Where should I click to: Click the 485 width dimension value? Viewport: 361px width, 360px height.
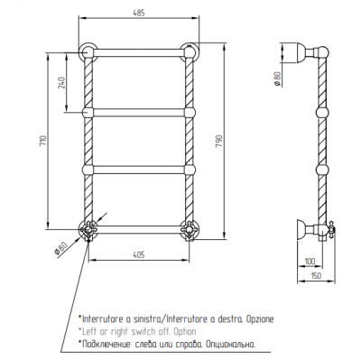pos(138,13)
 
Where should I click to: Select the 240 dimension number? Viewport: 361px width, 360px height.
pos(61,82)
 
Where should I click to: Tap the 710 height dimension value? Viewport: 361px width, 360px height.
pos(43,141)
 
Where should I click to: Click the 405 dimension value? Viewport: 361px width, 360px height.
pos(139,254)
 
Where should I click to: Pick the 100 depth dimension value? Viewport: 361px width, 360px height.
pos(310,261)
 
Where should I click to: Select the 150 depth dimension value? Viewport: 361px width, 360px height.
pos(316,275)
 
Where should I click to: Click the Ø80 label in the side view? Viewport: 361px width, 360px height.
pos(277,79)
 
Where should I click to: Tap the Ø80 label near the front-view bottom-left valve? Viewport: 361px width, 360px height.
pos(60,249)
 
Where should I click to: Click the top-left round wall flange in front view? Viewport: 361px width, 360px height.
pos(88,51)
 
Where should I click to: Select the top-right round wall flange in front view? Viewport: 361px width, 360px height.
pos(190,51)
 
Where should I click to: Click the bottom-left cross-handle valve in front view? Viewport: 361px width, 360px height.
pos(88,230)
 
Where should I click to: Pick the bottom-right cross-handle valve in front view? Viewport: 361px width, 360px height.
pos(190,230)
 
